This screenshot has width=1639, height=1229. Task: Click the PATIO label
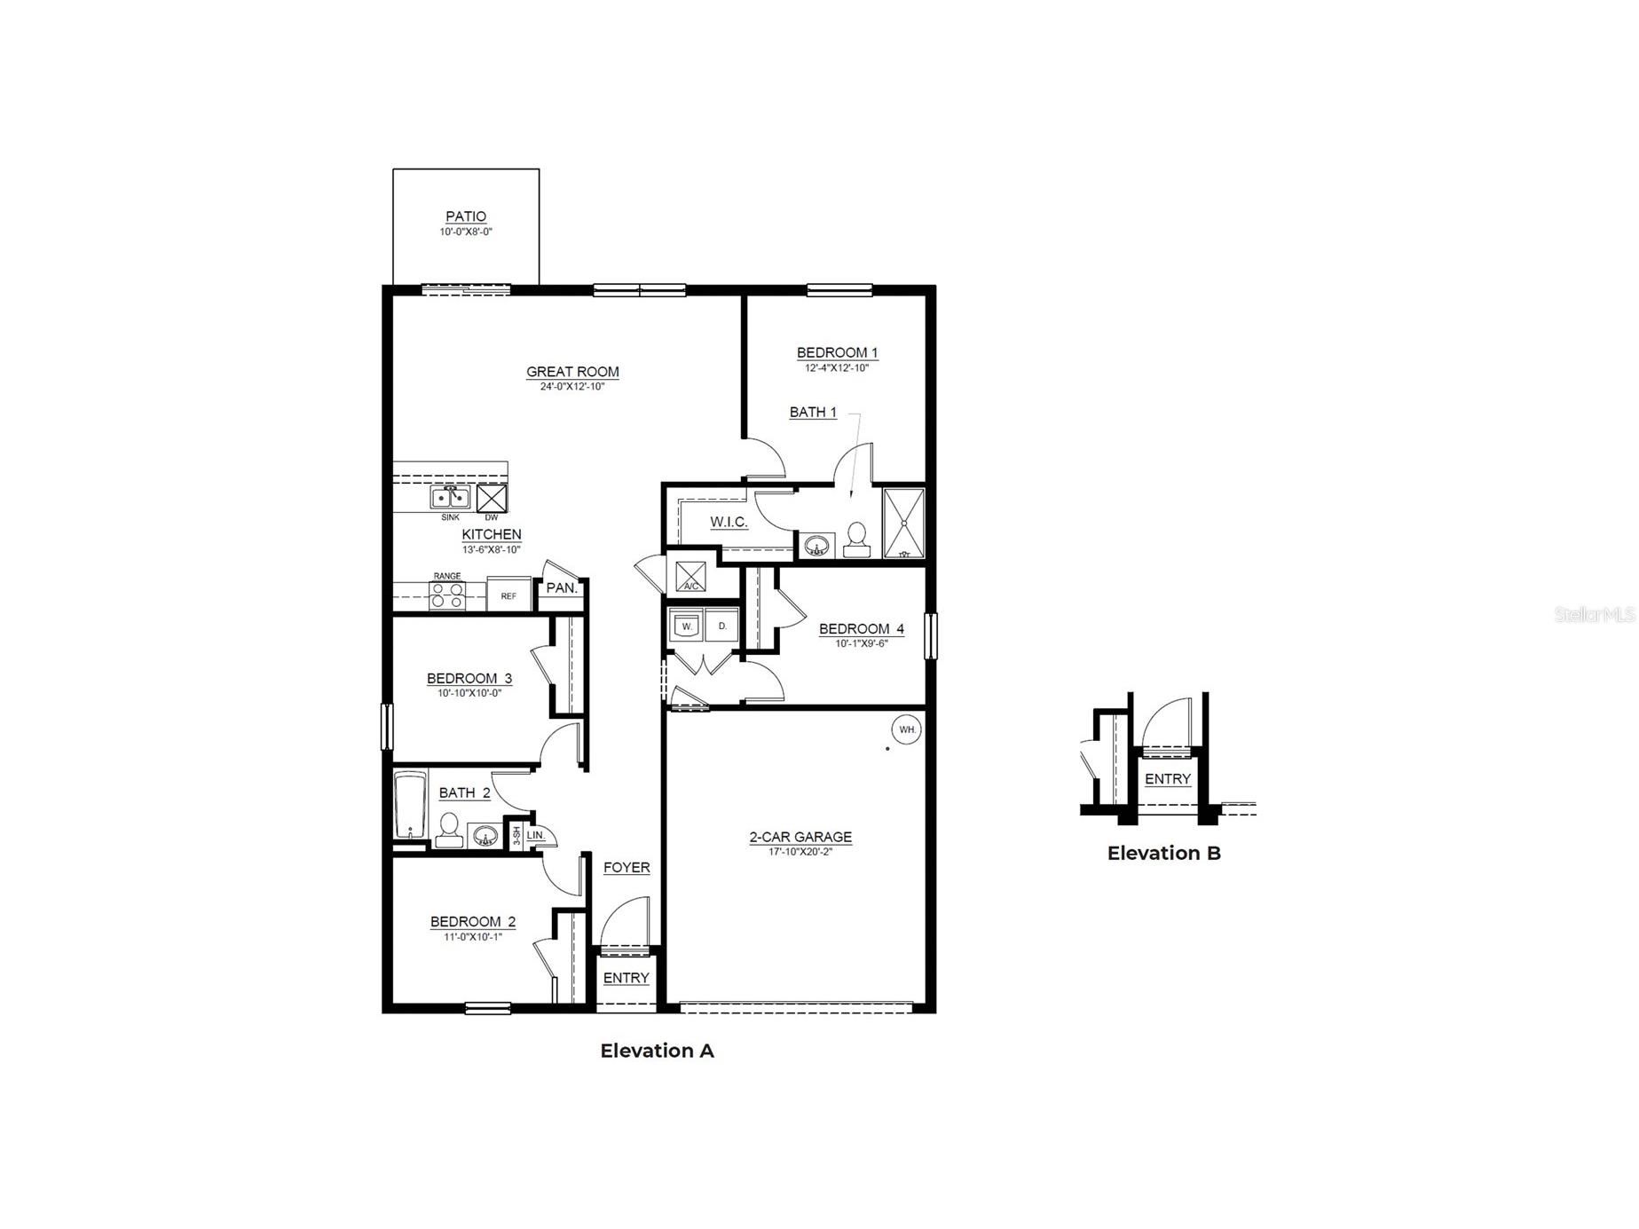pyautogui.click(x=466, y=217)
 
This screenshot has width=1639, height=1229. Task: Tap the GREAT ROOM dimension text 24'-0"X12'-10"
pyautogui.click(x=572, y=387)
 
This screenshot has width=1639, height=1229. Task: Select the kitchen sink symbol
pyautogui.click(x=451, y=498)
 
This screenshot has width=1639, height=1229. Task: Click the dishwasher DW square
pyautogui.click(x=492, y=498)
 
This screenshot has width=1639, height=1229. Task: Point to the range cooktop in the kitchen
pyautogui.click(x=447, y=595)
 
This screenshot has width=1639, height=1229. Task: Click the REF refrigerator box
pyautogui.click(x=508, y=595)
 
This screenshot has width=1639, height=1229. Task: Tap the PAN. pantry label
pyautogui.click(x=562, y=588)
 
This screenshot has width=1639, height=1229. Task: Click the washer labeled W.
pyautogui.click(x=686, y=626)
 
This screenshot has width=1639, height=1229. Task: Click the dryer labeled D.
pyautogui.click(x=722, y=626)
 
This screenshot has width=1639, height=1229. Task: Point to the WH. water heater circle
pyautogui.click(x=907, y=729)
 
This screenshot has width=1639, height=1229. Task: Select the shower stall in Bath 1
pyautogui.click(x=904, y=524)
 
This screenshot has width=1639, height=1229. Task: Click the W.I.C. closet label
pyautogui.click(x=729, y=522)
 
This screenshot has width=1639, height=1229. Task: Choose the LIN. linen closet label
pyautogui.click(x=536, y=836)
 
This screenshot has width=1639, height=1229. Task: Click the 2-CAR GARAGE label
pyautogui.click(x=800, y=837)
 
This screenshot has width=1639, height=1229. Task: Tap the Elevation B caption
pyautogui.click(x=1163, y=854)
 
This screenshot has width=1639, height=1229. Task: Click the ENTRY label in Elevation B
pyautogui.click(x=1167, y=779)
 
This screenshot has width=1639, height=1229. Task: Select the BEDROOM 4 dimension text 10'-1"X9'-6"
pyautogui.click(x=861, y=644)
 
